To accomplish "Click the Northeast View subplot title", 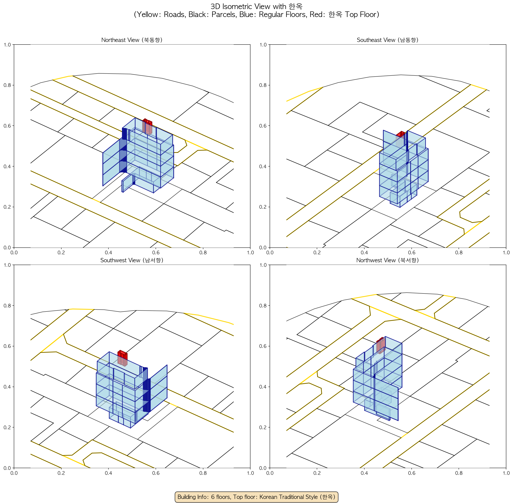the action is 132,40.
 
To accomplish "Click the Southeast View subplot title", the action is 388,40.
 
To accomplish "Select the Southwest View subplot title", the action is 132,260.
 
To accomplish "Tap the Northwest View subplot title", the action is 388,260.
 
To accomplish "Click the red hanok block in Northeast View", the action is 147,127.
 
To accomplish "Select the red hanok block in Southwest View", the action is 122,358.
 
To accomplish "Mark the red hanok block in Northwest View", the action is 381,346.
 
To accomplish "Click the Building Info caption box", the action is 256,497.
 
